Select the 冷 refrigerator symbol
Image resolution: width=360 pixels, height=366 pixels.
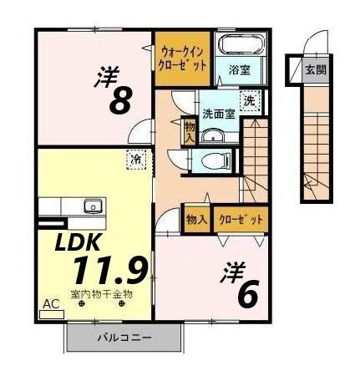click(x=134, y=156)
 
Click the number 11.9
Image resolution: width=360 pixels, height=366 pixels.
click(x=109, y=271)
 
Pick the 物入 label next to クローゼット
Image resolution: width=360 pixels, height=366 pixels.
click(x=197, y=219)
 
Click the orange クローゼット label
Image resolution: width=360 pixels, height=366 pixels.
click(x=241, y=219)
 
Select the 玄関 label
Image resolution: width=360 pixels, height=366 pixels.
click(x=312, y=68)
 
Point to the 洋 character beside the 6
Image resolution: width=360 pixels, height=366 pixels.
click(x=231, y=272)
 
